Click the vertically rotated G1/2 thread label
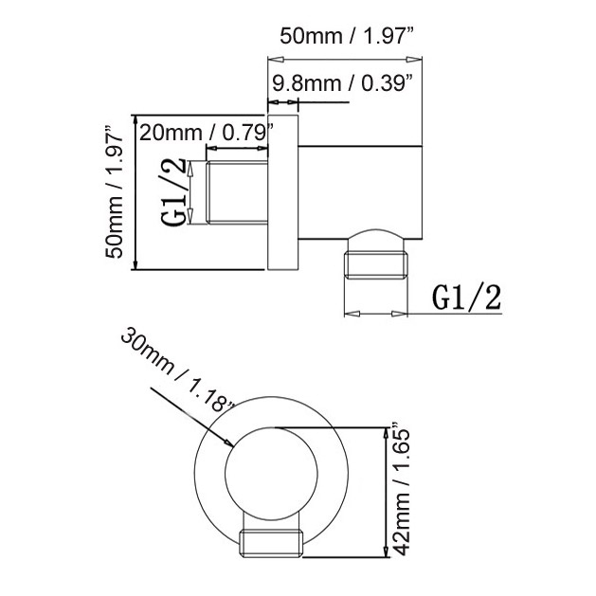pos(172,192)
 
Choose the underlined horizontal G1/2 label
pos(465,298)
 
